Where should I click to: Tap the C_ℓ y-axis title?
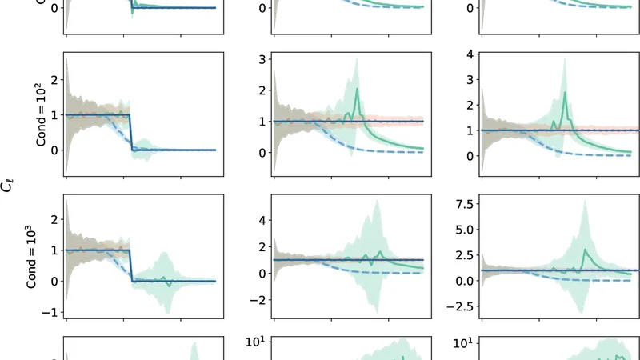click(12, 186)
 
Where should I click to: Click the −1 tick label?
click(54, 312)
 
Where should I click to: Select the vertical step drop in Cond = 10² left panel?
click(131, 133)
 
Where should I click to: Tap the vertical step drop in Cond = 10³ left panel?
click(131, 266)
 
